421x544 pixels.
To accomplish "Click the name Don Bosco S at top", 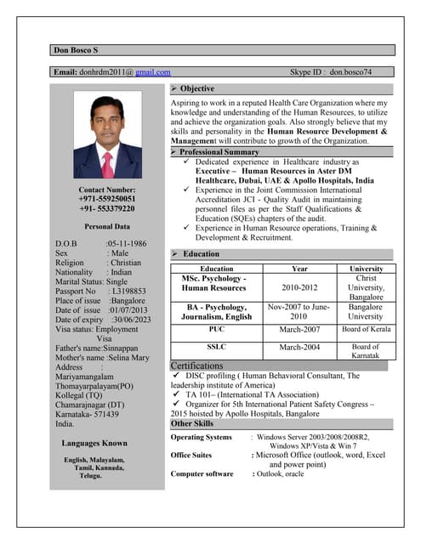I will tap(77, 50).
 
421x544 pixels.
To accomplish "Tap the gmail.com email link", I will tap(153, 72).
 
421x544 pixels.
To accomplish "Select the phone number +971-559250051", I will tap(107, 198).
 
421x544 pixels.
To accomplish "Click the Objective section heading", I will tap(196, 88).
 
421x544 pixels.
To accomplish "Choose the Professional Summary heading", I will tap(219, 152).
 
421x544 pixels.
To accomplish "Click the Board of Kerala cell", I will tap(367, 329).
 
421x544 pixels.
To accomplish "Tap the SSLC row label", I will tap(215, 347).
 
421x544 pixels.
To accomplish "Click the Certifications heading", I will tap(202, 365).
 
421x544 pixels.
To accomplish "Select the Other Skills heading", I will tap(192, 423).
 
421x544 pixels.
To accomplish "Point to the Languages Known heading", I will tap(94, 443).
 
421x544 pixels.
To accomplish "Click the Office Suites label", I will tap(191, 456).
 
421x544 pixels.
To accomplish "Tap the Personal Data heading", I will tap(107, 227).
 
